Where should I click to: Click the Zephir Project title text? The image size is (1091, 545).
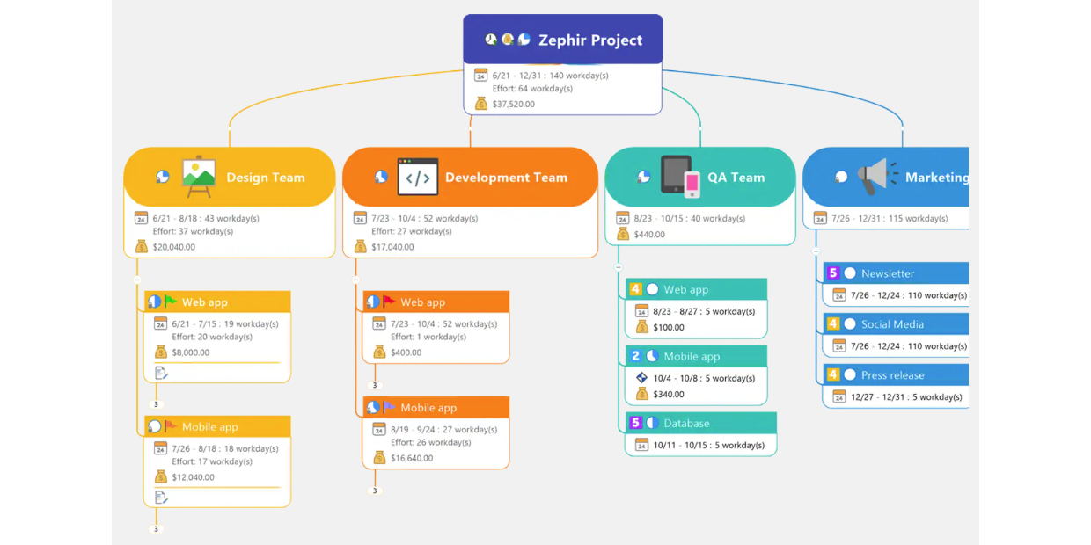pos(589,40)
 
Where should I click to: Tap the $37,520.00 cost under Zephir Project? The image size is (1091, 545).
pos(513,104)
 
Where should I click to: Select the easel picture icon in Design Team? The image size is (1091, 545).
pos(199,177)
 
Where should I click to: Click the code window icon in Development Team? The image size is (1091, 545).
pos(418,177)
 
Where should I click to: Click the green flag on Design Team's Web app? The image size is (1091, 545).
pos(171,302)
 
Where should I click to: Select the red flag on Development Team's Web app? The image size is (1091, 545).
pos(389,302)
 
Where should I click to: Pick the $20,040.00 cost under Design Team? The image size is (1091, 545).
pos(174,247)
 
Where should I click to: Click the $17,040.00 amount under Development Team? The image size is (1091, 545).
pos(392,247)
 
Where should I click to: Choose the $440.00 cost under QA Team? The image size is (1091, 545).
pos(649,235)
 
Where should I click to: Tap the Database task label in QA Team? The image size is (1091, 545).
pos(686,423)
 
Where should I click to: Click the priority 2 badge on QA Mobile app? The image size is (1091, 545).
pos(635,356)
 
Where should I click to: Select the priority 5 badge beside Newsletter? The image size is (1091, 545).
pos(833,273)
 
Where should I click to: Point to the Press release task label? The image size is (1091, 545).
pos(892,375)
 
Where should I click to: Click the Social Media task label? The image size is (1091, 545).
pos(892,324)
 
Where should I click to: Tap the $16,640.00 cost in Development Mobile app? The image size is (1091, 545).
pos(412,458)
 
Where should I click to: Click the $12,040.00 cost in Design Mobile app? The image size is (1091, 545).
pos(194,477)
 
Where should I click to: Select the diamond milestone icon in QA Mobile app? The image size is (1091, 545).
pos(641,378)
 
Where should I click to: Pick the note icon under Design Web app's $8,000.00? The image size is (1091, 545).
pos(161,374)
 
